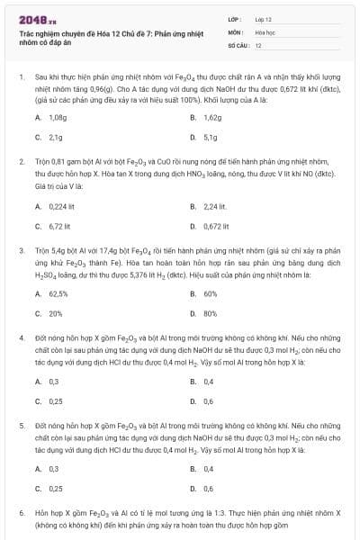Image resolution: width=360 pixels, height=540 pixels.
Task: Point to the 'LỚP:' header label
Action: click(x=235, y=18)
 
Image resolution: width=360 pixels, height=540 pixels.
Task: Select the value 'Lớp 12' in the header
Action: click(x=264, y=18)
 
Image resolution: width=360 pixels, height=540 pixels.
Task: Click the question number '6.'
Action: click(x=21, y=511)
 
